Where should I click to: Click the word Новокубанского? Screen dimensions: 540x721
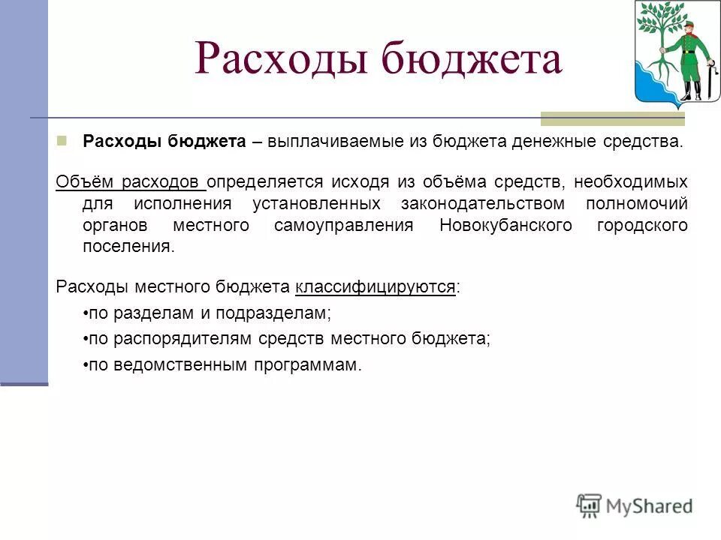coord(505,226)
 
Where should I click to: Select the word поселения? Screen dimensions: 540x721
coord(127,247)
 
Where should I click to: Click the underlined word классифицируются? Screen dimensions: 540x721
coord(376,287)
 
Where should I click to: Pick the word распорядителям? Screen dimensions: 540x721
coord(170,338)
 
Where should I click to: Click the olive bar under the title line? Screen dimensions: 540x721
coord(612,118)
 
